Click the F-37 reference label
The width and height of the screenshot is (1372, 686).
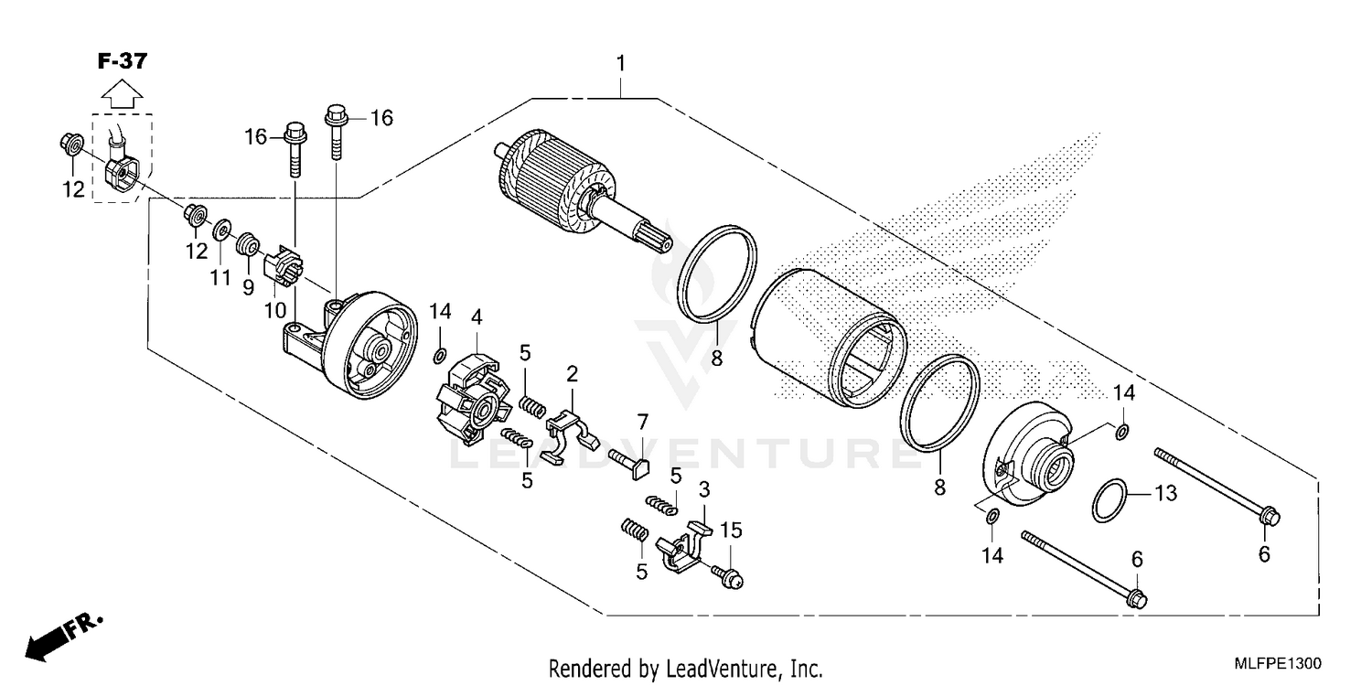[122, 61]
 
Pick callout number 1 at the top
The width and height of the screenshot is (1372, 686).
[621, 64]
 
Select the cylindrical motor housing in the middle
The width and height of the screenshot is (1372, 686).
[828, 338]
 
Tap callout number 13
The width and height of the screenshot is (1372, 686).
[1164, 495]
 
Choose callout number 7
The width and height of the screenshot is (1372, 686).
[643, 422]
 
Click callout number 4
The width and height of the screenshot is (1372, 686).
[477, 317]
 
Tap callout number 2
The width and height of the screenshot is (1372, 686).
[572, 373]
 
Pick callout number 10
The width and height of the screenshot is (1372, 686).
[276, 310]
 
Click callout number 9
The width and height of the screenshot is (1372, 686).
[248, 286]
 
